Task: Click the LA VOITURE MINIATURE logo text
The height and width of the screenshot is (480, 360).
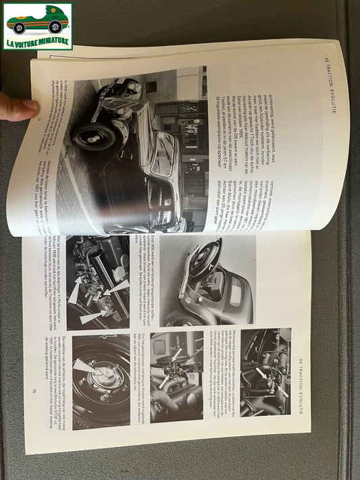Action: tap(38, 44)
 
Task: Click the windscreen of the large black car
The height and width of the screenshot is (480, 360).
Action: tap(165, 155)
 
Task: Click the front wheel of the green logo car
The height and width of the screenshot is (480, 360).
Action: tap(20, 28)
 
